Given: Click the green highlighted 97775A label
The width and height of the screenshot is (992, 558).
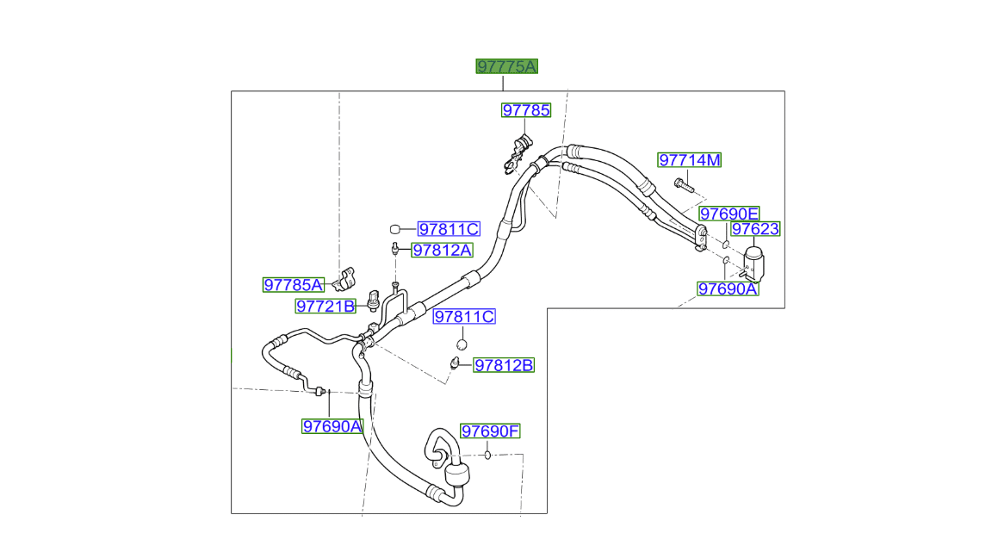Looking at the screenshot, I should (507, 66).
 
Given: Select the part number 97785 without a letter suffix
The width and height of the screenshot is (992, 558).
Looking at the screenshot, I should (526, 110).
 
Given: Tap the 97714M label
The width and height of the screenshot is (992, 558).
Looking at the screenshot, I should (690, 160).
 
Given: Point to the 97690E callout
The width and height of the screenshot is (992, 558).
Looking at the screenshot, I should (728, 214).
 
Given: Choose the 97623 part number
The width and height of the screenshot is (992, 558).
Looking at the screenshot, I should (755, 229).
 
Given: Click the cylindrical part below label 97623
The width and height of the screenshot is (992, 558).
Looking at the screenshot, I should (755, 262).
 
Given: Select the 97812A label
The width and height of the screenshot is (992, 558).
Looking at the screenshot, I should (442, 250).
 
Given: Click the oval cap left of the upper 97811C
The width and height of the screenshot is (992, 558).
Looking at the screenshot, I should (396, 229).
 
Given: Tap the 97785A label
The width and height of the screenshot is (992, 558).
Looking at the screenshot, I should (293, 285).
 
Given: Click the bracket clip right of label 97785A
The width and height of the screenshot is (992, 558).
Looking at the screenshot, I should (346, 277).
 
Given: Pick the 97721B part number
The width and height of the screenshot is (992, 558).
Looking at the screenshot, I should (325, 306).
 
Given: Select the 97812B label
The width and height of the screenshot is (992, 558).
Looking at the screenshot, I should (504, 365).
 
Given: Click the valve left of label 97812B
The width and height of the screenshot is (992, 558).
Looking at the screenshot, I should (454, 363).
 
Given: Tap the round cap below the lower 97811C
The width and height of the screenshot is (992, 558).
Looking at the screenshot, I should (461, 345).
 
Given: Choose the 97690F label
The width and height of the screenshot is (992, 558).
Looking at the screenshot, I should (491, 431).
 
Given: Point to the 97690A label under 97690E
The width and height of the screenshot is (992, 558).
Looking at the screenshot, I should (728, 289).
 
